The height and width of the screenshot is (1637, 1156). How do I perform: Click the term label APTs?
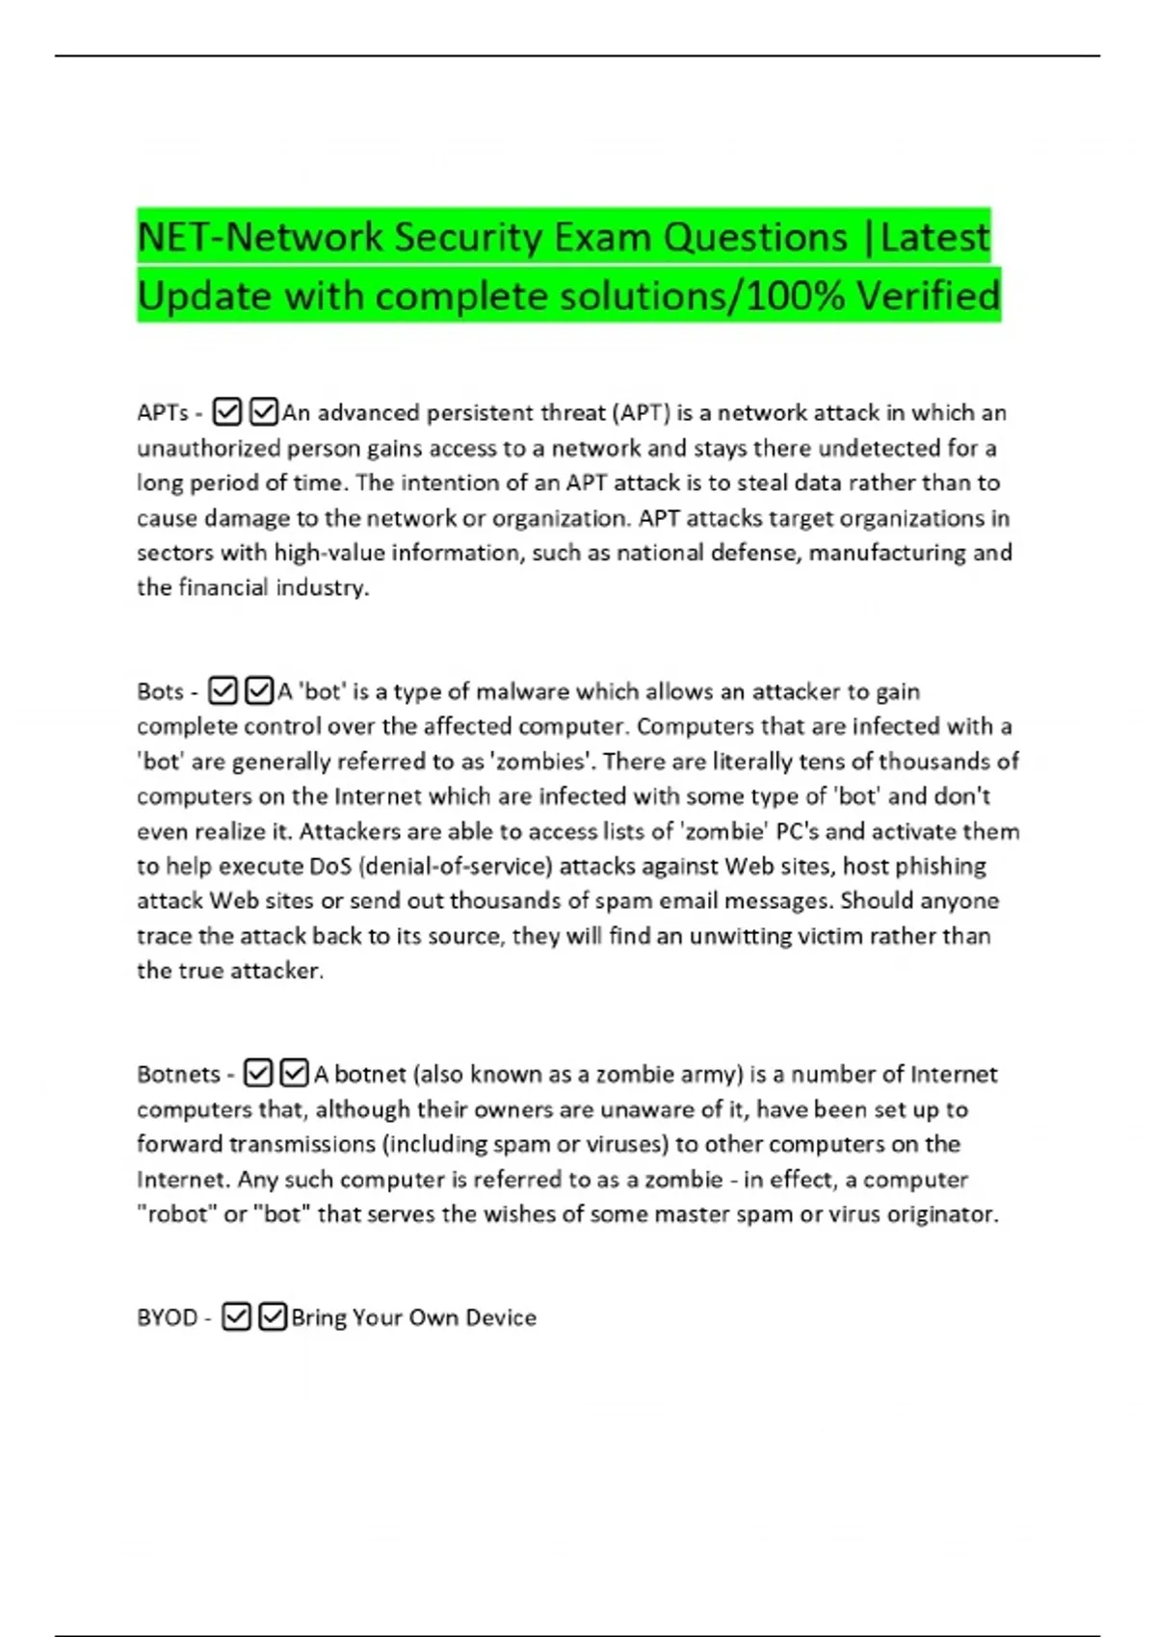point(163,413)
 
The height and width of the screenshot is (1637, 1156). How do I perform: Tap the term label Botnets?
point(179,1075)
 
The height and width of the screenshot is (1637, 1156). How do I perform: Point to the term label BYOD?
point(167,1318)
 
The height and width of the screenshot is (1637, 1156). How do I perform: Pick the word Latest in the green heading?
point(934,237)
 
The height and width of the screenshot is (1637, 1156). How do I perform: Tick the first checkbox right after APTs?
point(226,413)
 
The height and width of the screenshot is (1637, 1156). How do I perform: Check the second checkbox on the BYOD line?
point(274,1317)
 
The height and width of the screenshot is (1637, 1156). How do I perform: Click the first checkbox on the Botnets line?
point(257,1074)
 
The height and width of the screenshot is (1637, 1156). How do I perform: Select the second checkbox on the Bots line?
point(259,691)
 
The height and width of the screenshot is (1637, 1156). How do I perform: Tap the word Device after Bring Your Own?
point(500,1318)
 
